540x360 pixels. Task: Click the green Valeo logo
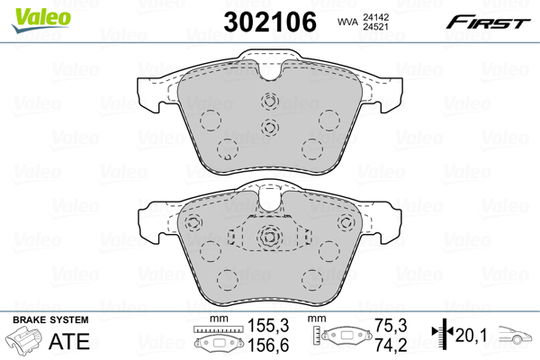tap(41, 21)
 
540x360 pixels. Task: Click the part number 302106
tap(270, 22)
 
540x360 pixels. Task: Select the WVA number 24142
tap(375, 17)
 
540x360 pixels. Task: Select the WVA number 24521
tap(375, 27)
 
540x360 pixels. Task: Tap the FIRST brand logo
tap(488, 22)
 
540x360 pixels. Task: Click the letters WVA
tap(347, 22)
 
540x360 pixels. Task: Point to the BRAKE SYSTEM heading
tap(51, 320)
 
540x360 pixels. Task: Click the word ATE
tap(70, 341)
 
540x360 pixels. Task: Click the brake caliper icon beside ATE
tap(25, 339)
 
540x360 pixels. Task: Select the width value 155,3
tap(269, 325)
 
